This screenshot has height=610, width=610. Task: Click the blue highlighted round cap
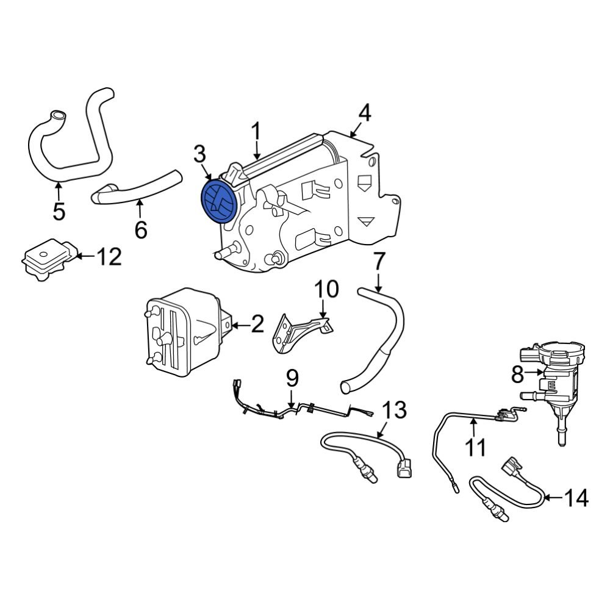218,201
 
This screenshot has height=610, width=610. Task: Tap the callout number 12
110,257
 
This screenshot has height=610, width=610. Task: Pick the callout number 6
140,230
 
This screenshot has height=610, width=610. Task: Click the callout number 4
364,113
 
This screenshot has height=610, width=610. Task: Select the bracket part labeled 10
303,332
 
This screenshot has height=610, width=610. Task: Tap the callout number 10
326,289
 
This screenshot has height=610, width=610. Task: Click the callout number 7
379,262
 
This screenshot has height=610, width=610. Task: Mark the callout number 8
517,374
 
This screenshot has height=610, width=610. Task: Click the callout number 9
293,379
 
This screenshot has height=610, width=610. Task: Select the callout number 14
576,498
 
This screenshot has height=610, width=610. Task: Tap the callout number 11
476,447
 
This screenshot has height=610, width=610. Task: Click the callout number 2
257,325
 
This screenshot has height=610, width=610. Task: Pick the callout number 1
257,131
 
